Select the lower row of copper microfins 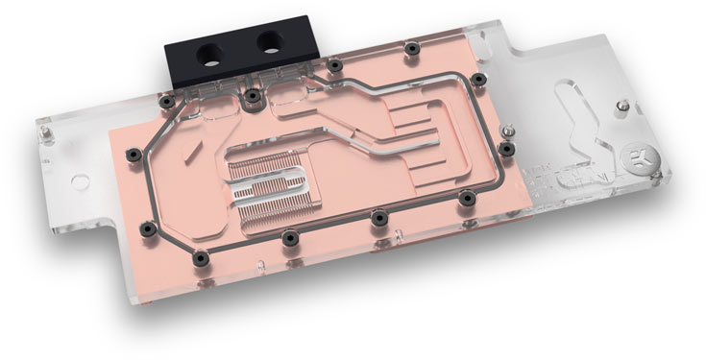coord(307,205)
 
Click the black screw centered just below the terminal coord(252,96)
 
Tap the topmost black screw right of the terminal coord(411,47)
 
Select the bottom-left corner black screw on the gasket coord(147,228)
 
